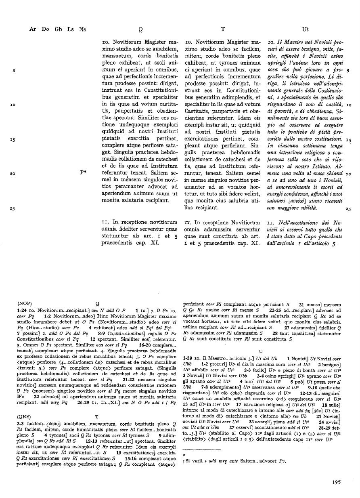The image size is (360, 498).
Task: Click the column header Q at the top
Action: (x=140, y=29)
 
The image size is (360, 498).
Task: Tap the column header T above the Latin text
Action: (x=222, y=29)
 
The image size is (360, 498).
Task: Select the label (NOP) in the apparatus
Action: (x=25, y=303)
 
